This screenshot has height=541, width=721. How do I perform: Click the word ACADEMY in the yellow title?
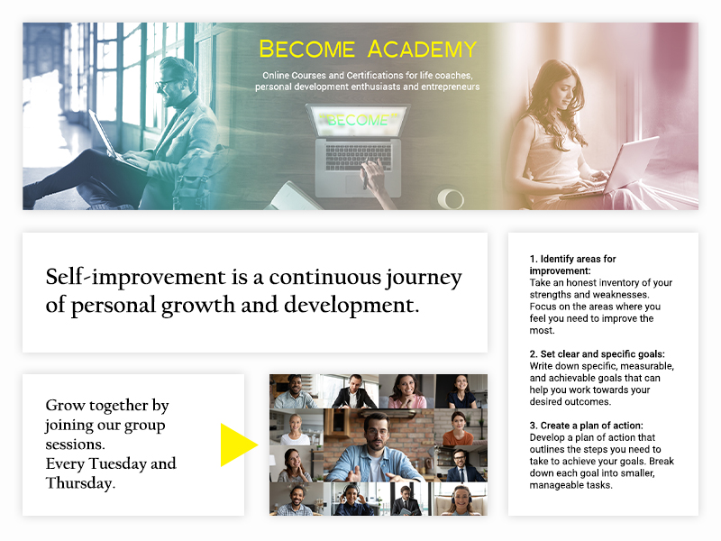coord(422,50)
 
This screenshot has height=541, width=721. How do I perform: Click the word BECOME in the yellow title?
coord(307,50)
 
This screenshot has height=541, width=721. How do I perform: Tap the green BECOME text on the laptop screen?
coord(359,120)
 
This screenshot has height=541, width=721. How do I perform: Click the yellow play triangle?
coord(239,445)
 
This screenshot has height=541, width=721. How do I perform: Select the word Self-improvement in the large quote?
coord(136,278)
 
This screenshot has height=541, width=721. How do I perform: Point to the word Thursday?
coord(80,483)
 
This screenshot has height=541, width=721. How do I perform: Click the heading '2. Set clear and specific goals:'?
coord(597,353)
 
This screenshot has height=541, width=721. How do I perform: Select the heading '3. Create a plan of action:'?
coord(587,425)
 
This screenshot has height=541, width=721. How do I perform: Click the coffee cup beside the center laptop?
coord(449,198)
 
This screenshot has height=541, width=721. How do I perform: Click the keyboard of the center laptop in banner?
coord(359,156)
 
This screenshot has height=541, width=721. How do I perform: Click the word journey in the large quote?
coord(424,278)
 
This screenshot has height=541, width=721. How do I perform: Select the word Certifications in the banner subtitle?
coord(375,75)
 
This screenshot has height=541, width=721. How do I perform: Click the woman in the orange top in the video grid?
coord(458,428)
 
